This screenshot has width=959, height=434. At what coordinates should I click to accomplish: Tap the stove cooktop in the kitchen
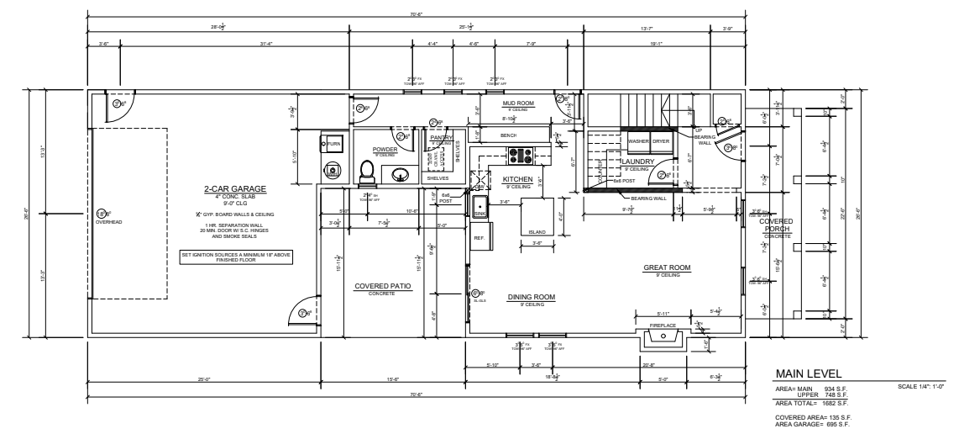tap(519, 154)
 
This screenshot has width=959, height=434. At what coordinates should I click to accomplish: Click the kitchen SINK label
tap(479, 214)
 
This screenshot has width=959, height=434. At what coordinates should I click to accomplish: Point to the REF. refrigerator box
tap(479, 238)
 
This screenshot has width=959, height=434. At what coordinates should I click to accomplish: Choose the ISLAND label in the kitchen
tap(537, 232)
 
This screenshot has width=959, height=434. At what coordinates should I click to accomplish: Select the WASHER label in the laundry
tap(639, 141)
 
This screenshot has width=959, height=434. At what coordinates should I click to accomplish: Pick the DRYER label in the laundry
tap(661, 141)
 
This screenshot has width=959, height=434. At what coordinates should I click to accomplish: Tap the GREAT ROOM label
tap(666, 267)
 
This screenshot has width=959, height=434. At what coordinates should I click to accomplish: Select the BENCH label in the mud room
tap(507, 135)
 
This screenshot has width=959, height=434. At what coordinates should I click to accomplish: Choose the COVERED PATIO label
tap(382, 286)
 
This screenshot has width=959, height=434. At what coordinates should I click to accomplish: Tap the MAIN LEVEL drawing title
tap(809, 373)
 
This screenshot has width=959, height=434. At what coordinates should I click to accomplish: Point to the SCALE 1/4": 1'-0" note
tap(922, 386)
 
